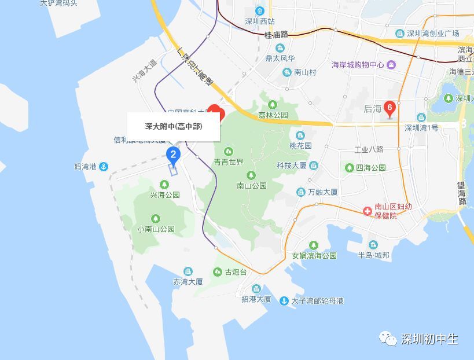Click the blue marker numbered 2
tap(172, 154)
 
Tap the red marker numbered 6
tap(390, 108)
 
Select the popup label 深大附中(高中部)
tap(174, 126)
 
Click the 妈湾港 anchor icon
tap(103, 167)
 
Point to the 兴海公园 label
tap(165, 195)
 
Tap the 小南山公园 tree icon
tap(155, 218)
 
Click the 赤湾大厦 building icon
tap(188, 271)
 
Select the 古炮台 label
tap(236, 272)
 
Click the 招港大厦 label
tap(256, 299)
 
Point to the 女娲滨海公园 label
tap(314, 255)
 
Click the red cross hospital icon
tap(368, 211)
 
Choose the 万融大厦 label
tap(323, 192)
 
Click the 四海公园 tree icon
tap(350, 168)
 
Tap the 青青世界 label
tap(229, 162)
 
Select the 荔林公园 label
tap(273, 115)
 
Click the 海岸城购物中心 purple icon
tap(391, 64)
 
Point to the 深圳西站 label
tap(260, 21)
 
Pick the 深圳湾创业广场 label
tap(433, 33)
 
